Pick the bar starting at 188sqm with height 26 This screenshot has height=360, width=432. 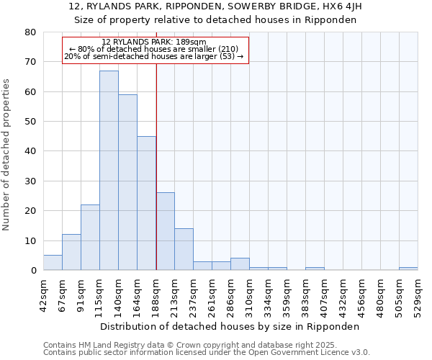tap(165, 231)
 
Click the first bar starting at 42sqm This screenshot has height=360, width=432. tap(53, 263)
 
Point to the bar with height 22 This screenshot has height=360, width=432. tap(90, 238)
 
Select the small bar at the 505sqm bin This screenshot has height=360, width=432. tap(408, 269)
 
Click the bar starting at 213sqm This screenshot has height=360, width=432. tap(184, 249)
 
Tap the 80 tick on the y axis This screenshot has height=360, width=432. tap(30, 32)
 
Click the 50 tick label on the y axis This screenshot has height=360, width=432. tap(30, 122)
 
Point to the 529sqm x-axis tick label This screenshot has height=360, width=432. tap(418, 294)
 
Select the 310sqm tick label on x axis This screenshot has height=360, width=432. tap(249, 294)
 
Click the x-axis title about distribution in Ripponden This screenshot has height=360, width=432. tap(230, 326)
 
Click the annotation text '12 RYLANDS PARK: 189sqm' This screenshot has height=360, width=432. tap(154, 42)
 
